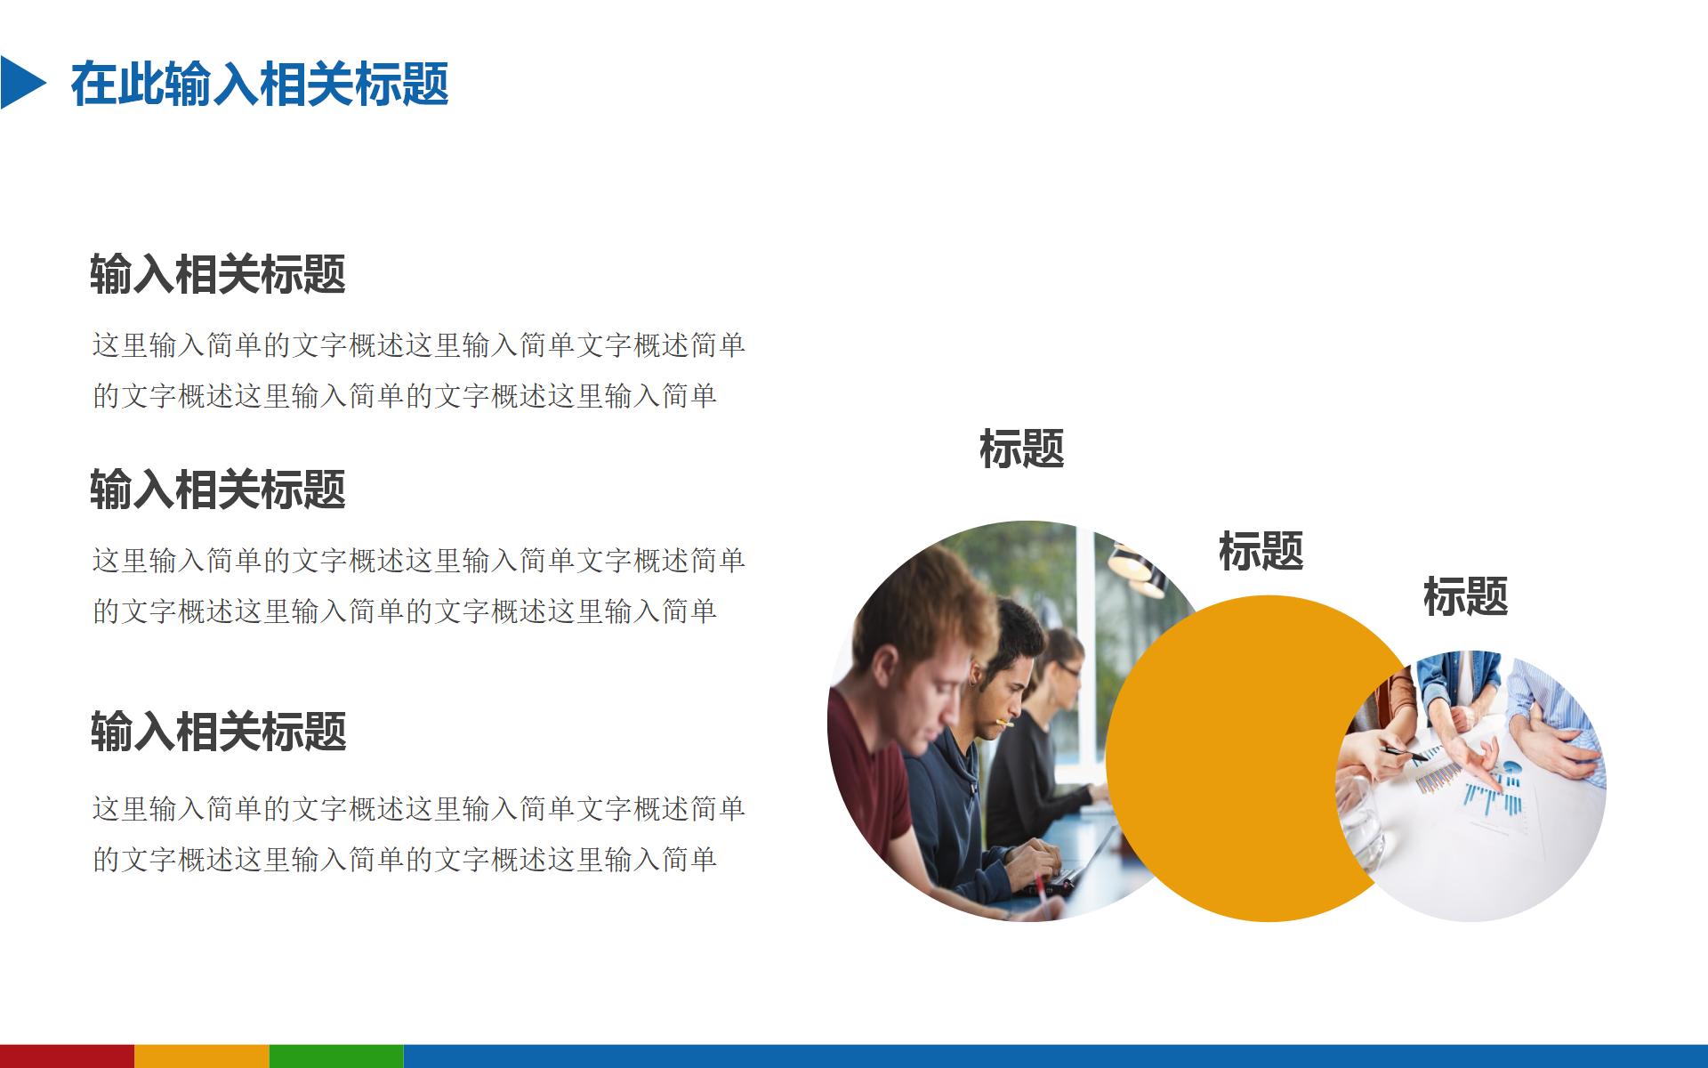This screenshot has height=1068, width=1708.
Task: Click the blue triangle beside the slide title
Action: pos(20,83)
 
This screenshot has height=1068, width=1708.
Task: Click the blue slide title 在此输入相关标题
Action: pos(260,85)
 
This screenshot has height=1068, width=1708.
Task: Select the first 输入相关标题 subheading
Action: pos(218,273)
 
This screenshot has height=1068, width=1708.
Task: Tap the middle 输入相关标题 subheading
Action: pos(218,489)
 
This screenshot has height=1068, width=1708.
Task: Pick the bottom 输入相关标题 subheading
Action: pos(218,731)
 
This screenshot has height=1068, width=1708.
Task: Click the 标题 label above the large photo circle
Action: pos(1021,449)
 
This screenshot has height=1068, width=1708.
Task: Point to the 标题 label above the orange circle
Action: pos(1261,551)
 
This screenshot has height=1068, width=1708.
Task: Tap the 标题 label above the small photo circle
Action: pos(1465,596)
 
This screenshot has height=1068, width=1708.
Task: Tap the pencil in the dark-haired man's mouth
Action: pos(1006,722)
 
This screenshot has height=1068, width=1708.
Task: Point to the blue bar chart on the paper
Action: pos(1494,792)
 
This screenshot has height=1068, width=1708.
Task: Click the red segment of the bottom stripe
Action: pos(67,1056)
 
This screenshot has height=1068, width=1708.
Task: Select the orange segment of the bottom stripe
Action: pos(201,1056)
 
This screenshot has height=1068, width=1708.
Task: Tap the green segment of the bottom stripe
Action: pos(336,1056)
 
